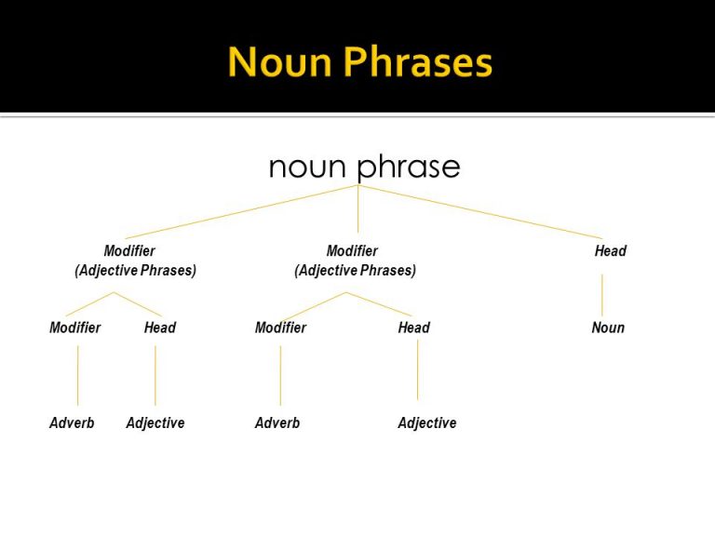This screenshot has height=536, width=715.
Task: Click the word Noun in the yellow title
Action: (x=279, y=61)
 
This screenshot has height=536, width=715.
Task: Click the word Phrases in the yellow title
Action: (x=418, y=61)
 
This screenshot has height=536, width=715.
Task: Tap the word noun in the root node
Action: (x=307, y=167)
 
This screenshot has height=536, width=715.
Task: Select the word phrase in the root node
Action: (x=409, y=167)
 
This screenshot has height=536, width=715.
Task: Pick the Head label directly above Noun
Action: (x=611, y=250)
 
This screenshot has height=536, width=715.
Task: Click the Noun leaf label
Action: (x=608, y=328)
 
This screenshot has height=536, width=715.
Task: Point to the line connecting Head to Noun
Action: (x=602, y=295)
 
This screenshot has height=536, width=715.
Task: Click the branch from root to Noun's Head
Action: (x=480, y=212)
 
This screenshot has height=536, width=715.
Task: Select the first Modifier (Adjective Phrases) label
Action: (x=135, y=261)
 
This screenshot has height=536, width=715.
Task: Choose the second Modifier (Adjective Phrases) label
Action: (x=356, y=261)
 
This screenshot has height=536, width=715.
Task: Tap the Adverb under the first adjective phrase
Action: (x=72, y=423)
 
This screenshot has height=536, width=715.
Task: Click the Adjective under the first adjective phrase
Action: (x=155, y=423)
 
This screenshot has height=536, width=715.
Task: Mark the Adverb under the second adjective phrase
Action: (x=277, y=423)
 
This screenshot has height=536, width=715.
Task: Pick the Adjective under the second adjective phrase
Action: (x=427, y=423)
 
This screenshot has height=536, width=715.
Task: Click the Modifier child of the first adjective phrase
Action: (x=74, y=328)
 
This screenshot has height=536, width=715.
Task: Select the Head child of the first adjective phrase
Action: (x=160, y=328)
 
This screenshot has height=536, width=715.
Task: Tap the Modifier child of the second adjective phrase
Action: (x=280, y=328)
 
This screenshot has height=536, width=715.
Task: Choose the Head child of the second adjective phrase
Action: (x=414, y=328)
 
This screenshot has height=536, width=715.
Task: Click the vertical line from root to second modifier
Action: (x=357, y=208)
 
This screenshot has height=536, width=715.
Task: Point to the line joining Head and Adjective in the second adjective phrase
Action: (x=417, y=369)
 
